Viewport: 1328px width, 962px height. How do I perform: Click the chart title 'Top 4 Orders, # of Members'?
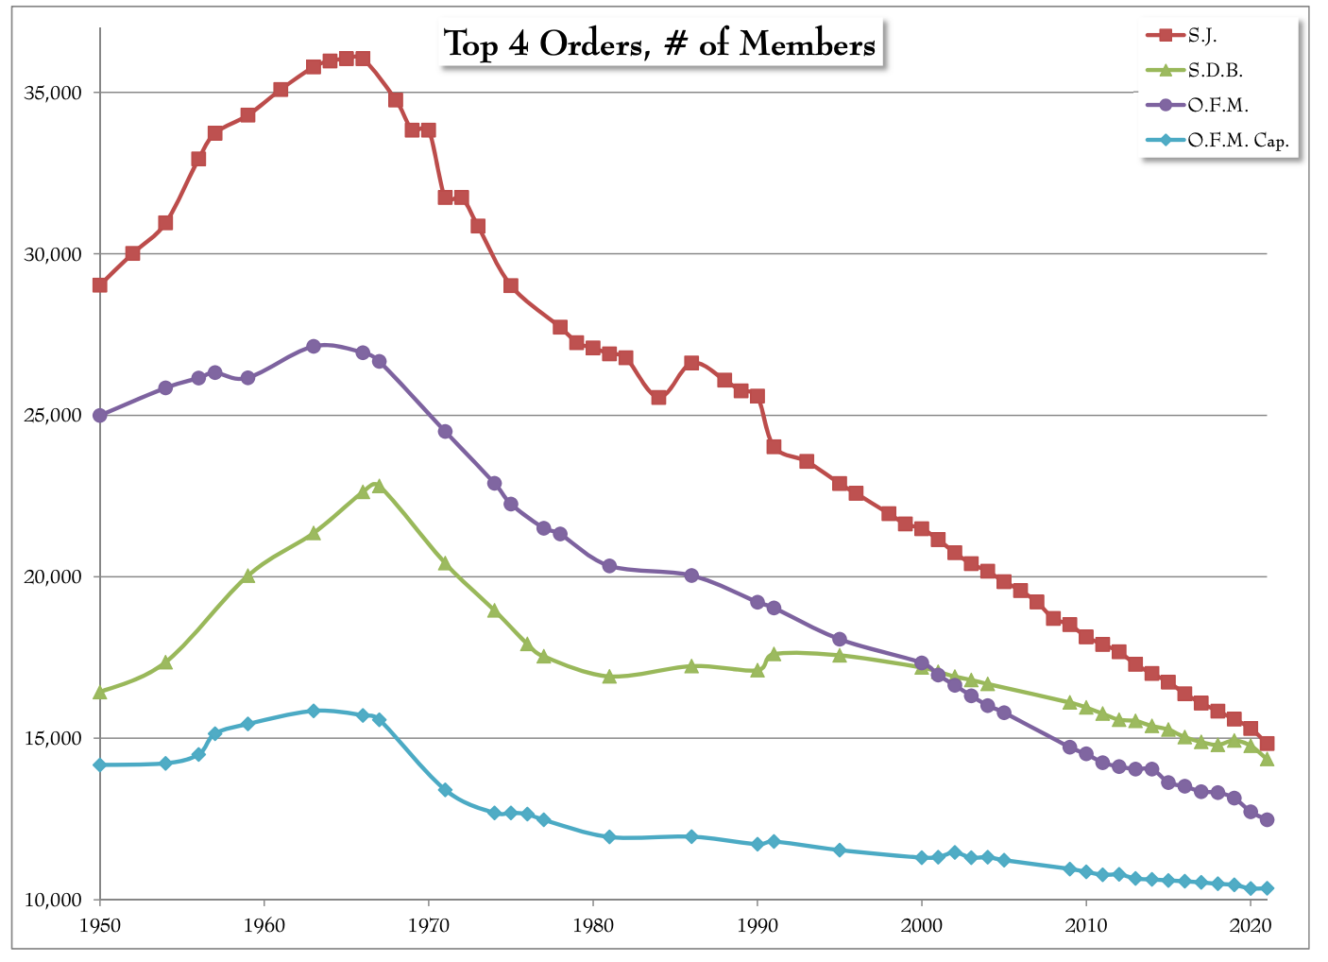[660, 43]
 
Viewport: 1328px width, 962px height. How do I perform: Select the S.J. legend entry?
[1202, 35]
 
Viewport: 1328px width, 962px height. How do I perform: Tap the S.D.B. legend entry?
[1215, 70]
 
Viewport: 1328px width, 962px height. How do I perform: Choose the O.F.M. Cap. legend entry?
[1238, 141]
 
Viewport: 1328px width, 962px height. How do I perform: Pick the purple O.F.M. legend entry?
[1218, 105]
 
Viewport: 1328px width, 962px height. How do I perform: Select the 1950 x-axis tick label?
[99, 923]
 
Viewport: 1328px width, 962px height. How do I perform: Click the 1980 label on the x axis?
[592, 923]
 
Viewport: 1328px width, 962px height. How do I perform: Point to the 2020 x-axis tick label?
[1251, 923]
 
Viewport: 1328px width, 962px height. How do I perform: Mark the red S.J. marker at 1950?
[99, 284]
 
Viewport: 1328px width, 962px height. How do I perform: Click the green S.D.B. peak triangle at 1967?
[379, 486]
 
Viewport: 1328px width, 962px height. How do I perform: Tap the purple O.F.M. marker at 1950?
[99, 415]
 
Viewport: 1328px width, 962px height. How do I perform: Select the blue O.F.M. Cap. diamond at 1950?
[99, 764]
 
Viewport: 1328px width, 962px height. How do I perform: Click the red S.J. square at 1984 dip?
[658, 397]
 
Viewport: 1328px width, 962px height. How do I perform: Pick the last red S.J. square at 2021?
[1267, 744]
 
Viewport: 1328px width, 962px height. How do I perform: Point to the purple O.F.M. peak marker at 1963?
[314, 346]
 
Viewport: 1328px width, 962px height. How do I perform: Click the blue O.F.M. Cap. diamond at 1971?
[445, 790]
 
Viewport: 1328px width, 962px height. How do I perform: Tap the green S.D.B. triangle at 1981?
[609, 677]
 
